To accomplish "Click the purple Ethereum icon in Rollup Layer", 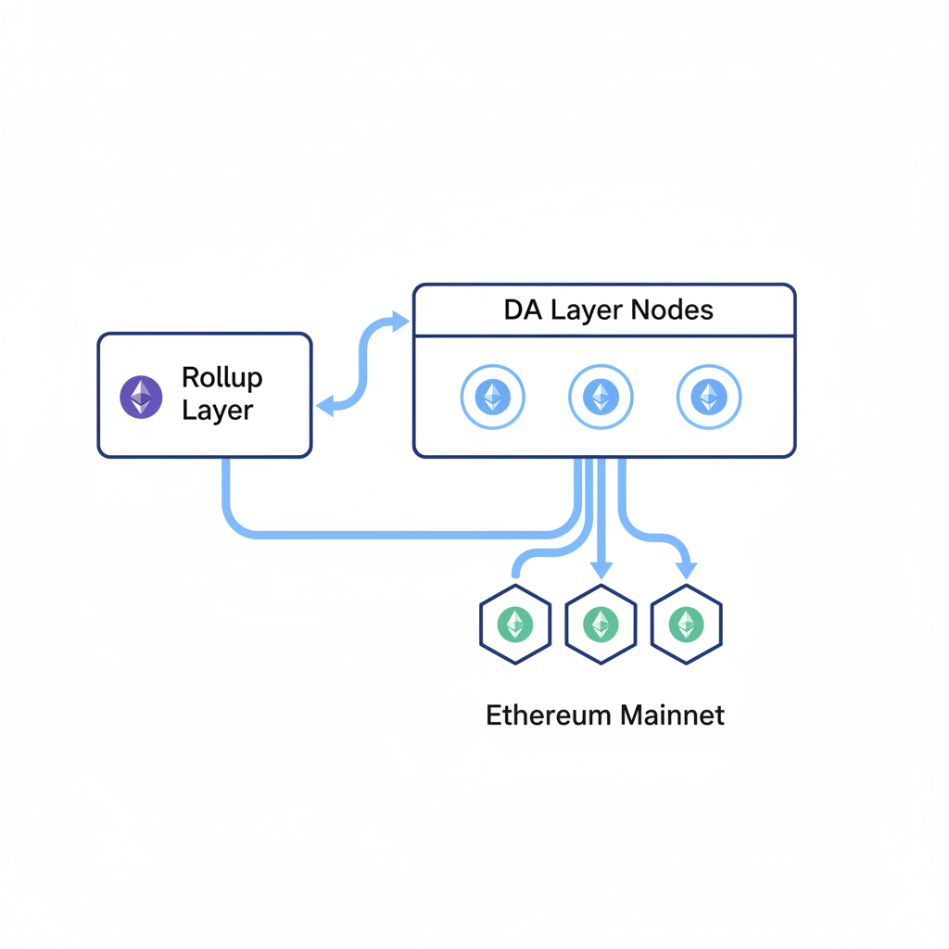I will coord(141,396).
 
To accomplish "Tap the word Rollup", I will coord(222,378).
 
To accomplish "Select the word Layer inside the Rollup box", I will coord(217,411).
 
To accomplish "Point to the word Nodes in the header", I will coord(672,310).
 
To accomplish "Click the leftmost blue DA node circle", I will coord(492,398).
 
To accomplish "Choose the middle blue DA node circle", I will coord(601,398).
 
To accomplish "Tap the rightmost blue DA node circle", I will coord(709,398).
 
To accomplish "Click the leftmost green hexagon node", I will coord(515,624).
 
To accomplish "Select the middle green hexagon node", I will coord(601,624).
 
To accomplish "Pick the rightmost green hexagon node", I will coord(686,624).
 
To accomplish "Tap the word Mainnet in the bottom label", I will coord(673,715).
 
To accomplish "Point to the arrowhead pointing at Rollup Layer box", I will coord(324,406).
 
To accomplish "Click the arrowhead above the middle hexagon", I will coord(601,569).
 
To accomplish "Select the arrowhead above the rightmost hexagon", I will coord(686,569).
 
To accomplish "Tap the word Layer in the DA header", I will coord(587,310).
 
